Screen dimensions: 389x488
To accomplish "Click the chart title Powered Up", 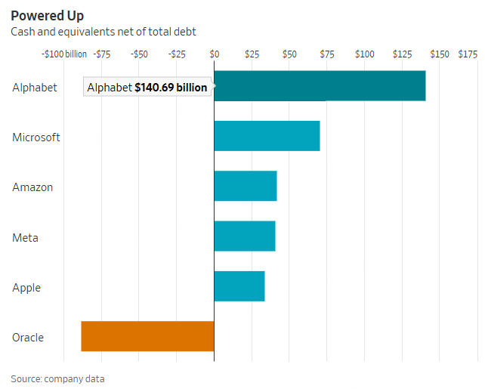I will pos(48,15).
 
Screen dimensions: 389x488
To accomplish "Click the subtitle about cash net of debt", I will pos(103,32).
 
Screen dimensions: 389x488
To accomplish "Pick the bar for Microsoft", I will pos(267,136).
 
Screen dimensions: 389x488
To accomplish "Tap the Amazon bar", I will pos(246,186).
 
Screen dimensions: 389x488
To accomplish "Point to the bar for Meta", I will pos(245,236).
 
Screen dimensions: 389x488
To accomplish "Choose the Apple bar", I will pos(239,286).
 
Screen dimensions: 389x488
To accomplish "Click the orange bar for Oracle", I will pos(147,336).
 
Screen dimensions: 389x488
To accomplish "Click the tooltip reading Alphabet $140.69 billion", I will pos(147,88).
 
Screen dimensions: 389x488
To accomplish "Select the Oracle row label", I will pos(28,337).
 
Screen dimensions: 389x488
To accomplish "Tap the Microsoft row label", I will pos(36,137).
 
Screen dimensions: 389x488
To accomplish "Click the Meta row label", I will pos(25,238).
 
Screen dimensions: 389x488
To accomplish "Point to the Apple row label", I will pos(26,288).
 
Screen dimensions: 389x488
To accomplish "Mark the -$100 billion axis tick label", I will pos(64,54).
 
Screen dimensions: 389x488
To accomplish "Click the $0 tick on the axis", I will pos(214,54).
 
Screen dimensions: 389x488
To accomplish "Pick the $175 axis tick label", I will pos(468,54).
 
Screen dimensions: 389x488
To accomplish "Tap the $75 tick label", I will pos(327,54).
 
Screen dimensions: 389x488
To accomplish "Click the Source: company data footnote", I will pos(57,378).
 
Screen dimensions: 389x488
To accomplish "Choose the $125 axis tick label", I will pos(402,54).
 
